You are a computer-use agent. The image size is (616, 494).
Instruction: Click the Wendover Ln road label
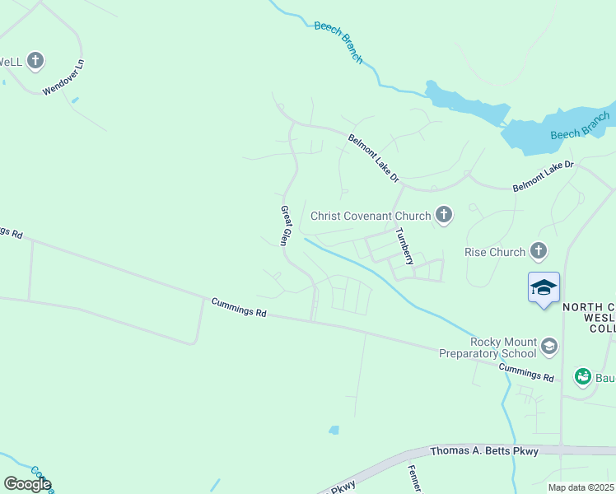63,77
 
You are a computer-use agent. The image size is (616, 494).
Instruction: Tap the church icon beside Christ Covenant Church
444,216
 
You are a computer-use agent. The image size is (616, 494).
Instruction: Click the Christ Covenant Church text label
371,216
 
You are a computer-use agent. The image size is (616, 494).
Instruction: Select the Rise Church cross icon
539,249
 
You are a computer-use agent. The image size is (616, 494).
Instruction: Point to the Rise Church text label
495,252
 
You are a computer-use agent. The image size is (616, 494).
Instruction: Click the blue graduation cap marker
544,287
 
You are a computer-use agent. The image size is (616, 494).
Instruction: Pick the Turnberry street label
404,245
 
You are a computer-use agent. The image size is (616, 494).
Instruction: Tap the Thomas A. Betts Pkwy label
484,451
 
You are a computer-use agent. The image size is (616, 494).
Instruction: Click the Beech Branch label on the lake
580,125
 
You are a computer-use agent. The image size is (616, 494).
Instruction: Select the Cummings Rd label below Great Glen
239,307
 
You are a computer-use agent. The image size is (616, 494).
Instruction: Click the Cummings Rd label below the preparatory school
526,371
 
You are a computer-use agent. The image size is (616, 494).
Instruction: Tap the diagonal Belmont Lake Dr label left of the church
373,159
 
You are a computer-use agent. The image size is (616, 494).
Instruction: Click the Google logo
27,484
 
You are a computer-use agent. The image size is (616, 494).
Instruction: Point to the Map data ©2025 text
581,487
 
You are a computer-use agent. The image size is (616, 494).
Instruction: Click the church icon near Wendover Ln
35,60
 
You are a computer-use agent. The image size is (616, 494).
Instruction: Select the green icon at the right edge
583,376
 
